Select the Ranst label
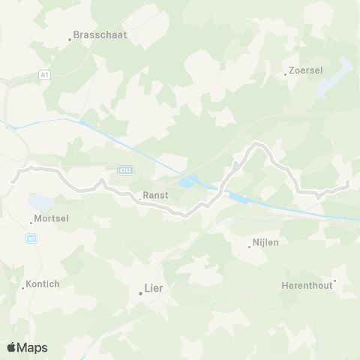tap(154, 195)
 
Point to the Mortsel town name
tap(52, 220)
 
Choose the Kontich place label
tap(43, 283)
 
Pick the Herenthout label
tap(307, 285)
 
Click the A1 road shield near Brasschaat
tap(44, 75)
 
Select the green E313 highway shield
tap(124, 170)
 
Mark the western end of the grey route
tap(13, 181)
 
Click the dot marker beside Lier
tap(140, 293)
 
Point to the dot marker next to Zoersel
tap(286, 73)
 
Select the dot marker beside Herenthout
tap(334, 282)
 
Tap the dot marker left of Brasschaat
tap(70, 39)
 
